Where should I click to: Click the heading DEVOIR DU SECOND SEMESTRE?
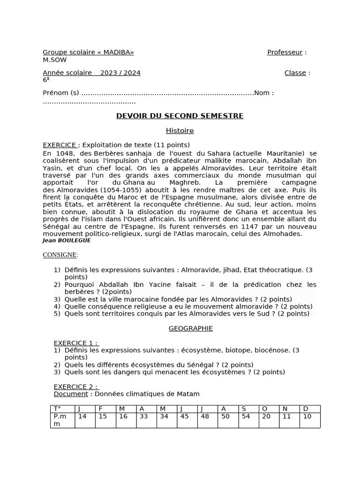tap(180, 116)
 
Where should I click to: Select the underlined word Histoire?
tap(180, 131)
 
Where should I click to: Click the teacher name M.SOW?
tap(54, 60)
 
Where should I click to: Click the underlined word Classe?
tap(295, 73)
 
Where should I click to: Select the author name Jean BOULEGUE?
tap(67, 240)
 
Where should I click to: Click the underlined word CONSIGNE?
tap(60, 255)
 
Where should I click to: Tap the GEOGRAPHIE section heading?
tap(190, 329)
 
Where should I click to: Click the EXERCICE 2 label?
tap(75, 387)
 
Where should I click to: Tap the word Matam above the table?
tap(189, 394)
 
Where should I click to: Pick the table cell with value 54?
tap(248, 416)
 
